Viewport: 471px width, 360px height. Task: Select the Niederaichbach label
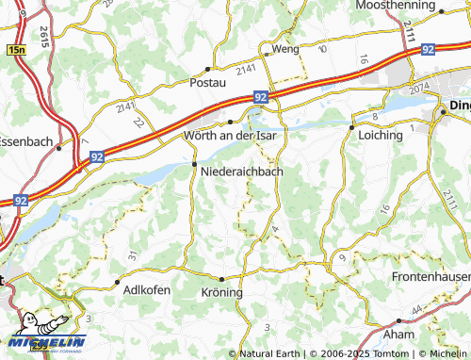(x=242, y=172)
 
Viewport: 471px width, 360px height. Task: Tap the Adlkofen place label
(x=147, y=290)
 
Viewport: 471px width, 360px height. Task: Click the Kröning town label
(x=222, y=293)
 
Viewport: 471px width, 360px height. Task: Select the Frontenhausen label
(x=430, y=279)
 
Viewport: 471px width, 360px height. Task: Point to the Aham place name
(x=399, y=335)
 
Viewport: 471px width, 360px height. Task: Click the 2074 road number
(x=418, y=88)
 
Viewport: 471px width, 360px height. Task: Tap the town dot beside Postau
(x=207, y=70)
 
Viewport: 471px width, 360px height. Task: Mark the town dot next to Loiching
(x=351, y=126)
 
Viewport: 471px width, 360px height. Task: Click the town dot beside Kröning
(x=221, y=280)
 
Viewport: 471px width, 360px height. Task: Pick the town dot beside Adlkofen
(x=116, y=282)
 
